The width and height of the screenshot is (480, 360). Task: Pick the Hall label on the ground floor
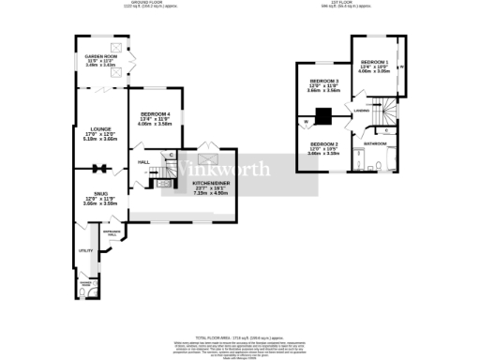pos(144,162)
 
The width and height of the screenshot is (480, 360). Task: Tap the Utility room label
pos(84,250)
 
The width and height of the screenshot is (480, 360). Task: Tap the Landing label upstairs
pos(361,112)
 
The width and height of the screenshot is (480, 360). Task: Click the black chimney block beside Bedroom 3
pos(323,117)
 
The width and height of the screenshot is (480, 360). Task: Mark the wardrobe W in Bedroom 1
pos(401,67)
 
